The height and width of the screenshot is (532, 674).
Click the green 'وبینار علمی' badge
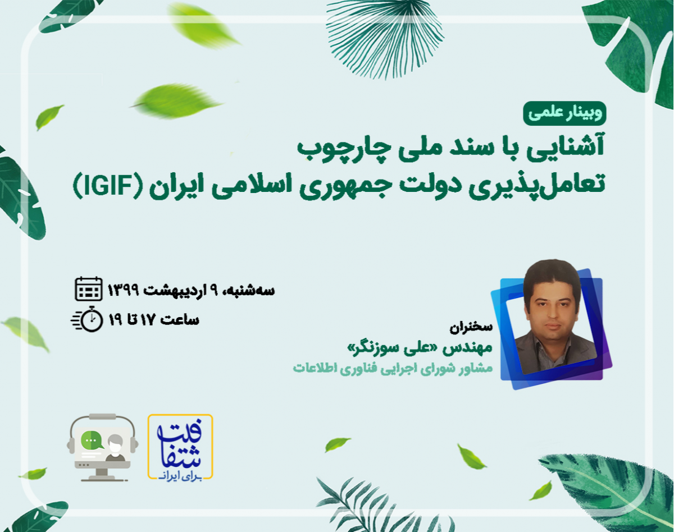click(x=564, y=114)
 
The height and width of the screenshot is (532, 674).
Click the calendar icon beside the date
click(x=89, y=289)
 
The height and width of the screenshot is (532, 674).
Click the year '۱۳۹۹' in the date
click(x=126, y=290)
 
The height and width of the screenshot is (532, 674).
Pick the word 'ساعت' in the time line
click(x=180, y=319)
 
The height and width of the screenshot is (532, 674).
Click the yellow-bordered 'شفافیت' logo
click(x=180, y=447)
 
